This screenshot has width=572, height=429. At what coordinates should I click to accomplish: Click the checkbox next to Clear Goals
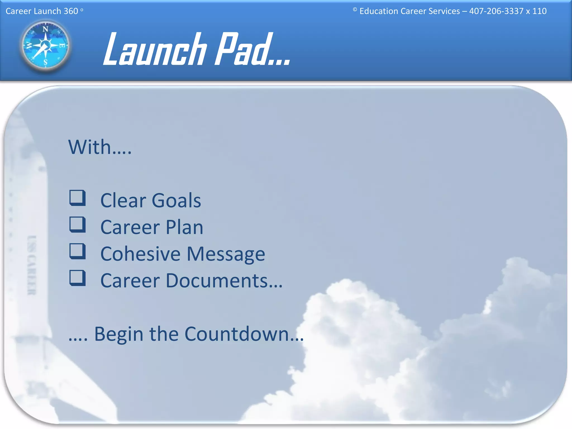[77, 198]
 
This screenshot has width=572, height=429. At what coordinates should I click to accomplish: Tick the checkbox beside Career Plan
[77, 225]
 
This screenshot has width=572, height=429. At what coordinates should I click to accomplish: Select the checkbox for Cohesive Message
[77, 251]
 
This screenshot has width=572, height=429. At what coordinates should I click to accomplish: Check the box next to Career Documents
[77, 278]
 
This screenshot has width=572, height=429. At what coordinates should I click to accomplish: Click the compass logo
[46, 45]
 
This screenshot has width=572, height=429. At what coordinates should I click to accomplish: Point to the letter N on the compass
[45, 29]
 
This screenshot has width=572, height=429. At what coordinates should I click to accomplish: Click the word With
[90, 147]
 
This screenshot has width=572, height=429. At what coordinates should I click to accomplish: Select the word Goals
[176, 201]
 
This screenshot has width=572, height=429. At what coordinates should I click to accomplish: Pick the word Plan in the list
[184, 227]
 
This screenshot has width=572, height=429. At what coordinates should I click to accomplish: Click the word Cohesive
[140, 254]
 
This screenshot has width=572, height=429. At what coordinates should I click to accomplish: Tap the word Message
[226, 254]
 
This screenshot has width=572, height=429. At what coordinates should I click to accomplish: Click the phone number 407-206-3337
[496, 11]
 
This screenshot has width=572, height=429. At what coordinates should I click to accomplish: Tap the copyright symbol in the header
[355, 9]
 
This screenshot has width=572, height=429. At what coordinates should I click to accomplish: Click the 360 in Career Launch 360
[71, 11]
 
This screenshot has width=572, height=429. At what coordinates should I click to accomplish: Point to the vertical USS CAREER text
[32, 265]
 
